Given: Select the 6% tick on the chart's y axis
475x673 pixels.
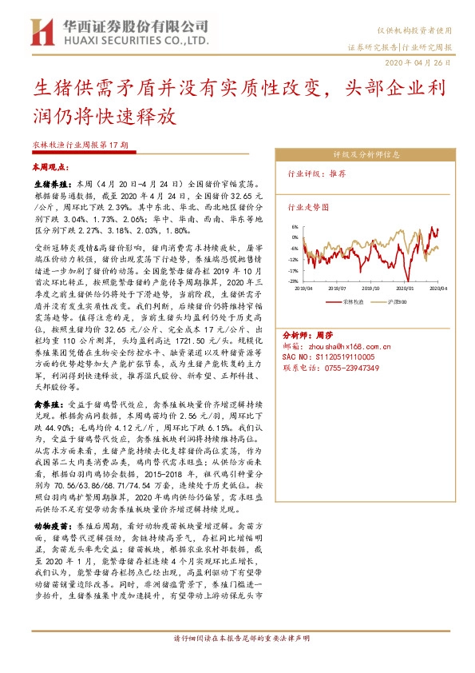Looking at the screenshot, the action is point(295,227).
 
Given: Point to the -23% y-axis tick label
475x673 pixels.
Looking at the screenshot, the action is point(293,281).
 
